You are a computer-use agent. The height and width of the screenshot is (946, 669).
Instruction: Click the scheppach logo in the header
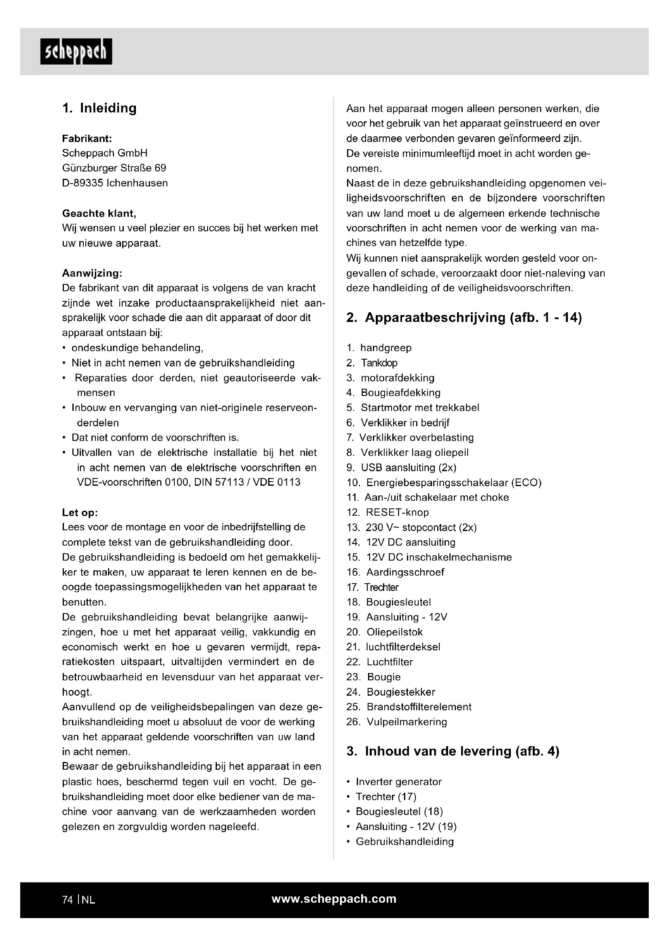(76, 51)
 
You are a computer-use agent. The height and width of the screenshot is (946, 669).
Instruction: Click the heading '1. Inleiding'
(99, 108)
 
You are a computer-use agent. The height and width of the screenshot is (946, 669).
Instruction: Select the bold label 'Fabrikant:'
(87, 138)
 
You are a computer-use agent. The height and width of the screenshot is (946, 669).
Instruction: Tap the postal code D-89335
(83, 183)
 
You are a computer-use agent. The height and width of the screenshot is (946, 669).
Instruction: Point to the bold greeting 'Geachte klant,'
(99, 214)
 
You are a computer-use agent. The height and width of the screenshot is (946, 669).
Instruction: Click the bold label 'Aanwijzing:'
(92, 273)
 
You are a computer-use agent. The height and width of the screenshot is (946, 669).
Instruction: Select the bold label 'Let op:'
(80, 512)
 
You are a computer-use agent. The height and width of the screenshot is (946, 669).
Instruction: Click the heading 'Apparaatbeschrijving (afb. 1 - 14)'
(473, 317)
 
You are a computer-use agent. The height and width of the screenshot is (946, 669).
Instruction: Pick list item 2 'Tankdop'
(379, 363)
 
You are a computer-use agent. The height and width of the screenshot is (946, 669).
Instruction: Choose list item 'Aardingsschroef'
(405, 572)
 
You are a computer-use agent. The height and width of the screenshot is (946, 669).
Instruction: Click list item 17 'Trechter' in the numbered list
(381, 587)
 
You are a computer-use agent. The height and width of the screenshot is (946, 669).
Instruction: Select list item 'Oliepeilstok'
(395, 632)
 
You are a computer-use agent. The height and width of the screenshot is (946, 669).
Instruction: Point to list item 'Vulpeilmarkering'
(406, 722)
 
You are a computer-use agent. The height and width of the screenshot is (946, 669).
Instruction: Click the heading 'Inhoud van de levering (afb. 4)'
(462, 751)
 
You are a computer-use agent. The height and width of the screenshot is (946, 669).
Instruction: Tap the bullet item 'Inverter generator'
(398, 782)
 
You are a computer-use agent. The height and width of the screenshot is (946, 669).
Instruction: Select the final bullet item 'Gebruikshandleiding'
(404, 841)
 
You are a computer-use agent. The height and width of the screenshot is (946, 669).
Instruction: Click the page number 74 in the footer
(68, 900)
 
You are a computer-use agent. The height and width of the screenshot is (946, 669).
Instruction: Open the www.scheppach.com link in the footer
(334, 899)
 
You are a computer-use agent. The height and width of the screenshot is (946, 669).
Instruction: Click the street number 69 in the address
(160, 168)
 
